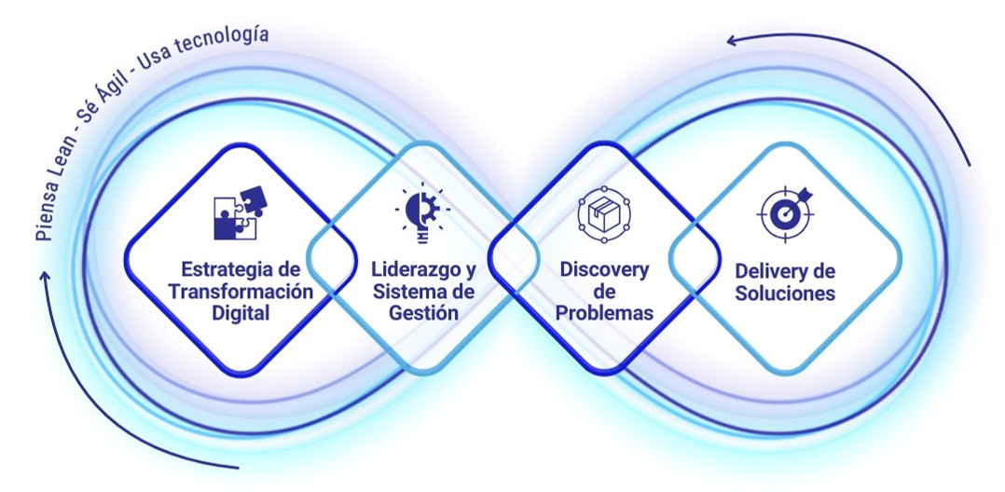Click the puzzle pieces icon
(x=241, y=212)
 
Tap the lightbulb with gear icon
(x=421, y=212)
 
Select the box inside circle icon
(x=604, y=214)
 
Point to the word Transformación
(x=241, y=292)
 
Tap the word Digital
(x=241, y=313)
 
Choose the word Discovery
(x=604, y=269)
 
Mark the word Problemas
(x=604, y=313)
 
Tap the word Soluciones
(x=785, y=294)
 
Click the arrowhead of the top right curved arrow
(x=731, y=41)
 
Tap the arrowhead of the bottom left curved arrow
(x=45, y=277)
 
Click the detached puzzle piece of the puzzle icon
(x=254, y=198)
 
